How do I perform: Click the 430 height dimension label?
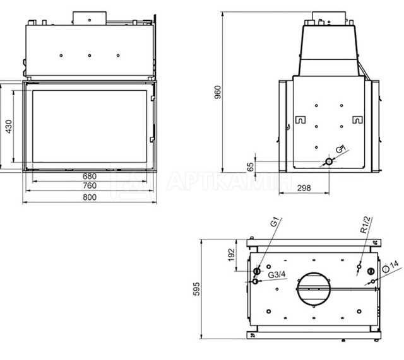pyautogui.click(x=9, y=127)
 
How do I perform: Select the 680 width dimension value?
pyautogui.click(x=90, y=177)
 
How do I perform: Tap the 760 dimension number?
pyautogui.click(x=90, y=185)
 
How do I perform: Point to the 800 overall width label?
pyautogui.click(x=90, y=197)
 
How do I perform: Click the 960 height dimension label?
pyautogui.click(x=218, y=92)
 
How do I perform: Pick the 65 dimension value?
pyautogui.click(x=250, y=167)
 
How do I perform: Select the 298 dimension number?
pyautogui.click(x=304, y=188)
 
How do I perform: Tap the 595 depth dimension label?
pyautogui.click(x=196, y=289)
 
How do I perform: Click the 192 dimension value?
pyautogui.click(x=232, y=254)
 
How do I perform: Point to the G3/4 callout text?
pyautogui.click(x=277, y=275)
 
